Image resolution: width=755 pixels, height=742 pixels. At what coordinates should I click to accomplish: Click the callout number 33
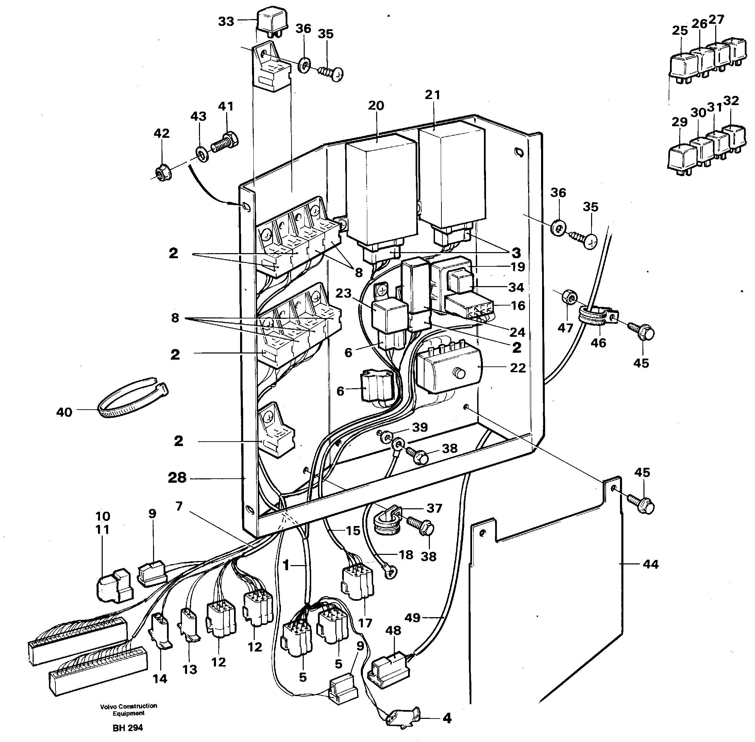tap(226, 21)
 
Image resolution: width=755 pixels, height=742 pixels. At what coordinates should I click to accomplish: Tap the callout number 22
tap(517, 367)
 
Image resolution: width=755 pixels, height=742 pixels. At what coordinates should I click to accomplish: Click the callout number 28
tap(177, 478)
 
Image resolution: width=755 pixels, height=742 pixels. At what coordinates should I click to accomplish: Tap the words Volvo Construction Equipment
tap(129, 710)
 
